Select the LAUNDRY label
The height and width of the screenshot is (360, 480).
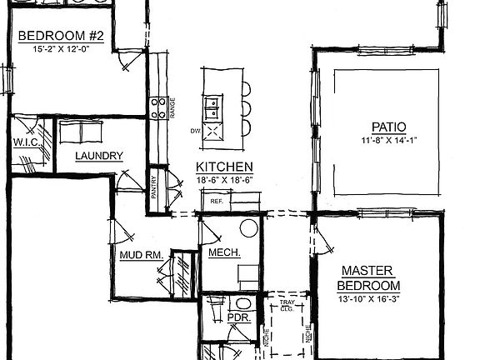pyautogui.click(x=99, y=156)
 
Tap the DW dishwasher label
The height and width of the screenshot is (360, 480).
pyautogui.click(x=195, y=131)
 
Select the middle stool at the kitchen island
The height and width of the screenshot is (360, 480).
pyautogui.click(x=245, y=107)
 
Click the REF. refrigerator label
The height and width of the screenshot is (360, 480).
pyautogui.click(x=216, y=201)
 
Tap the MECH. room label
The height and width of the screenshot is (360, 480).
pyautogui.click(x=224, y=252)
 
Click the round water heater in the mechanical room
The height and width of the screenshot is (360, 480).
pyautogui.click(x=248, y=227)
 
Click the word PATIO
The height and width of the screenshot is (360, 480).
pyautogui.click(x=388, y=127)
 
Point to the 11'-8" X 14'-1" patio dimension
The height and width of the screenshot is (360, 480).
pyautogui.click(x=388, y=139)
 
